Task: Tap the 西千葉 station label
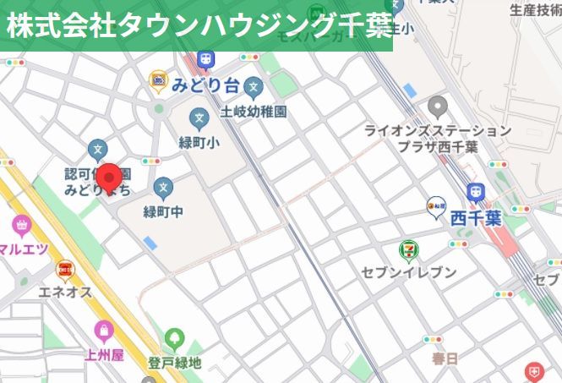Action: [475, 217]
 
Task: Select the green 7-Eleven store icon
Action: [408, 249]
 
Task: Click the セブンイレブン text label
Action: [408, 272]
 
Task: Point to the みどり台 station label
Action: [206, 85]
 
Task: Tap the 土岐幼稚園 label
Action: [254, 111]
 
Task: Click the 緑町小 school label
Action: [199, 143]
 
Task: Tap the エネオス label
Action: [64, 293]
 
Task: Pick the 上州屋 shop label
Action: [104, 355]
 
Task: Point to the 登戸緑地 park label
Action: [174, 364]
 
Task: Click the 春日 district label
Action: [444, 358]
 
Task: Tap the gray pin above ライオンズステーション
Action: [437, 107]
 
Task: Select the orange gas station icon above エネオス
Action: [64, 270]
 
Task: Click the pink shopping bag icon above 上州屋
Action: [104, 331]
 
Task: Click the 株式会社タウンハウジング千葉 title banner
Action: [196, 25]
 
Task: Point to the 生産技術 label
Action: [534, 10]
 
